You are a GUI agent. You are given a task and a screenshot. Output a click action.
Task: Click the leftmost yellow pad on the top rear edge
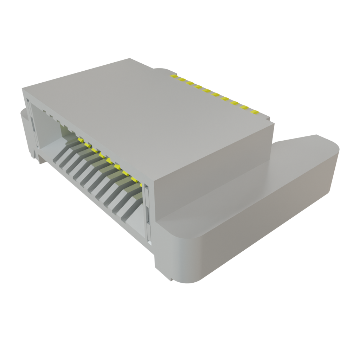(173, 75)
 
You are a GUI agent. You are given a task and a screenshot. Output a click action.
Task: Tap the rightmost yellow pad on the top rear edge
(255, 112)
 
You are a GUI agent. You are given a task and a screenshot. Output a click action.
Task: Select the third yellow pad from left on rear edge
(190, 83)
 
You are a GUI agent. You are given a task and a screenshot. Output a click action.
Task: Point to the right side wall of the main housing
(211, 176)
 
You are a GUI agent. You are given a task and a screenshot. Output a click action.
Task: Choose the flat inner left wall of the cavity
(47, 130)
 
